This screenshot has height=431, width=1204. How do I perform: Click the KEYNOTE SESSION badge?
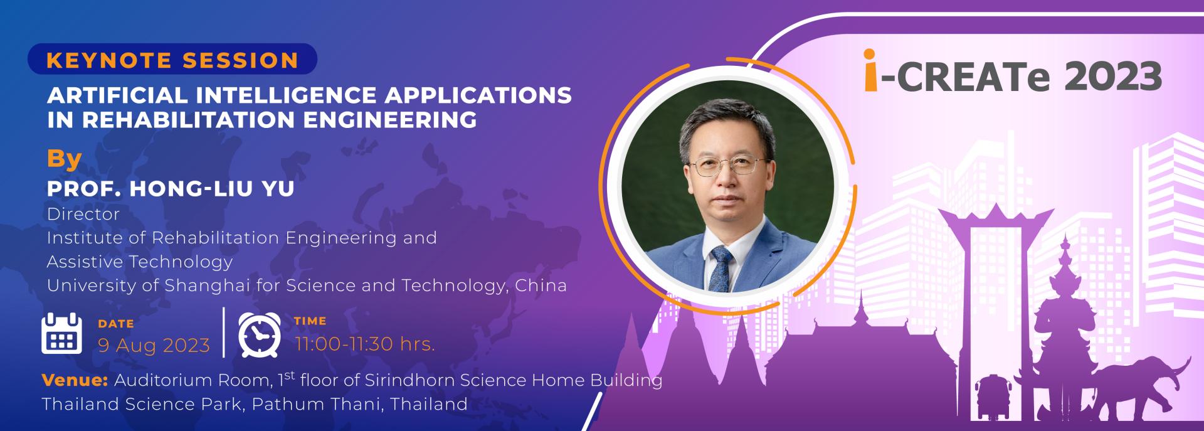[172, 60]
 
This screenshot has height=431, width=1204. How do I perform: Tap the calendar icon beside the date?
[61, 333]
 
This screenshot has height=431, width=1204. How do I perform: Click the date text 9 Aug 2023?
[154, 345]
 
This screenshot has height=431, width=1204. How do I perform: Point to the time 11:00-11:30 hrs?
[365, 344]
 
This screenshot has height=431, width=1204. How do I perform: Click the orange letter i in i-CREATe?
[870, 70]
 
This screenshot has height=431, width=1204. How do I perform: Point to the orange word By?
[65, 159]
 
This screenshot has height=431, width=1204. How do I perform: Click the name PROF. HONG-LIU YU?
[171, 189]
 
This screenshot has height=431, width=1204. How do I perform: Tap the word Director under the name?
[83, 214]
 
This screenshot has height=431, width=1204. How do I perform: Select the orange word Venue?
[75, 380]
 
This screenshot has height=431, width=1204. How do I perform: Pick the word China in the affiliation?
[541, 285]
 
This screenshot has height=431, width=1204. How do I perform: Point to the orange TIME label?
[310, 321]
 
